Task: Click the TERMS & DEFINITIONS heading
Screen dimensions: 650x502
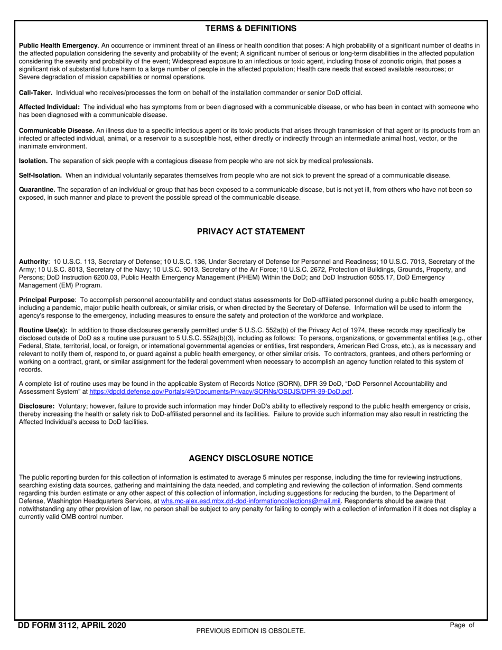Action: point(250,29)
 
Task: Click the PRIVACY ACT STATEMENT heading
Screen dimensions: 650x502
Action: point(250,231)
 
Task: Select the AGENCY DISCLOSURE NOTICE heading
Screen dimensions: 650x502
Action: point(250,458)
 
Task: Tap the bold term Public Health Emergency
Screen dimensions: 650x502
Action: point(58,46)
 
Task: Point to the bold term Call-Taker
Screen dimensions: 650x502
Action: point(35,92)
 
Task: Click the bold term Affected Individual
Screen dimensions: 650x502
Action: point(49,107)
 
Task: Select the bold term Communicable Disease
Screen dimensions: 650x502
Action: point(57,130)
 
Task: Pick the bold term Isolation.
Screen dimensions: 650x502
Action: point(33,161)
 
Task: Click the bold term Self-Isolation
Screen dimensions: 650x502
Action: point(40,175)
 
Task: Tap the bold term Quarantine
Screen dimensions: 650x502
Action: point(37,189)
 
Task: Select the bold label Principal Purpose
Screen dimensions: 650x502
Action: point(47,300)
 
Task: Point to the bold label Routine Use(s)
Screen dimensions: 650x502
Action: point(43,330)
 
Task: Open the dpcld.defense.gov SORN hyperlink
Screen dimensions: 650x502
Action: point(221,392)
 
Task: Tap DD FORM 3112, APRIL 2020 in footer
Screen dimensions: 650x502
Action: point(72,626)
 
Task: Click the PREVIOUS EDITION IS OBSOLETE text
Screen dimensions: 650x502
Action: point(250,630)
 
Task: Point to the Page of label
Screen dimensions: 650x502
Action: point(462,625)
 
